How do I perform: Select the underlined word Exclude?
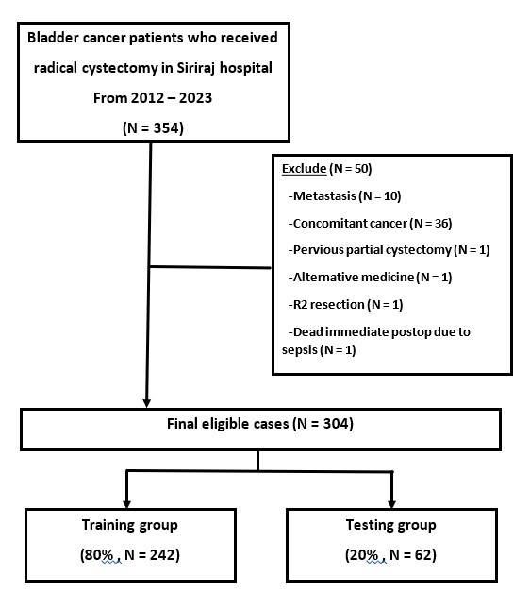tap(305, 169)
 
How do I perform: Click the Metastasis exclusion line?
tap(344, 196)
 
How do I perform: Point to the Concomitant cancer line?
tap(370, 224)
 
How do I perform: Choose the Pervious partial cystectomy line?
tap(389, 250)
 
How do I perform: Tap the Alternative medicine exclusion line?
tap(370, 278)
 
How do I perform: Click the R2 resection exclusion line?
tap(346, 304)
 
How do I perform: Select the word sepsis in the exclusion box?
tap(299, 350)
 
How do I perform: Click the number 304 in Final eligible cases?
tap(336, 423)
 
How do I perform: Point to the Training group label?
tap(130, 525)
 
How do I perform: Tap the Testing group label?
tap(391, 525)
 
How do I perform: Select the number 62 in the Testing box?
tap(423, 554)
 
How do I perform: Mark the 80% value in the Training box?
tap(99, 554)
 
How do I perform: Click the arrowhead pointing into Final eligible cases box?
tap(147, 403)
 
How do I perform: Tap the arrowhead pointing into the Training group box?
tap(126, 504)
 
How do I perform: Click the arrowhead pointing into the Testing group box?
tap(391, 504)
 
